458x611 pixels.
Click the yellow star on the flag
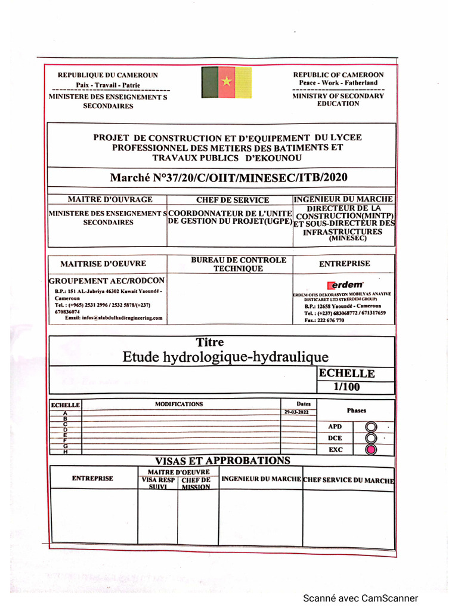(x=227, y=81)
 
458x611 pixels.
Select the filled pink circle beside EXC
(x=371, y=449)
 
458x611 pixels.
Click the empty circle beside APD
(x=371, y=427)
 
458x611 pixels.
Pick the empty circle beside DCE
(x=371, y=438)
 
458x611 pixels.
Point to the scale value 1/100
(x=348, y=387)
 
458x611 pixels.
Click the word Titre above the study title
(x=210, y=342)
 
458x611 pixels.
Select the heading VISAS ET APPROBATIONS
(x=222, y=460)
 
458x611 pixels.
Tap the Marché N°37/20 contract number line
(x=228, y=177)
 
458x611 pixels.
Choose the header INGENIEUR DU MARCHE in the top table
(x=343, y=199)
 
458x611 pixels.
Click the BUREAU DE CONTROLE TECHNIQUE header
(x=239, y=264)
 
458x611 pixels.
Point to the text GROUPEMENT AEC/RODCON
(x=107, y=280)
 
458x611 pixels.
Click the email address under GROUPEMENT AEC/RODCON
(x=114, y=318)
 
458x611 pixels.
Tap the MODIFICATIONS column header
(x=179, y=404)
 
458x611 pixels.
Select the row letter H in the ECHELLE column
(x=65, y=452)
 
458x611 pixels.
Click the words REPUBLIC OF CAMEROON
(x=338, y=75)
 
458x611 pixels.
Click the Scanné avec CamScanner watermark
(x=360, y=598)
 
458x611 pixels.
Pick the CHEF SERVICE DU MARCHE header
(x=348, y=480)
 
